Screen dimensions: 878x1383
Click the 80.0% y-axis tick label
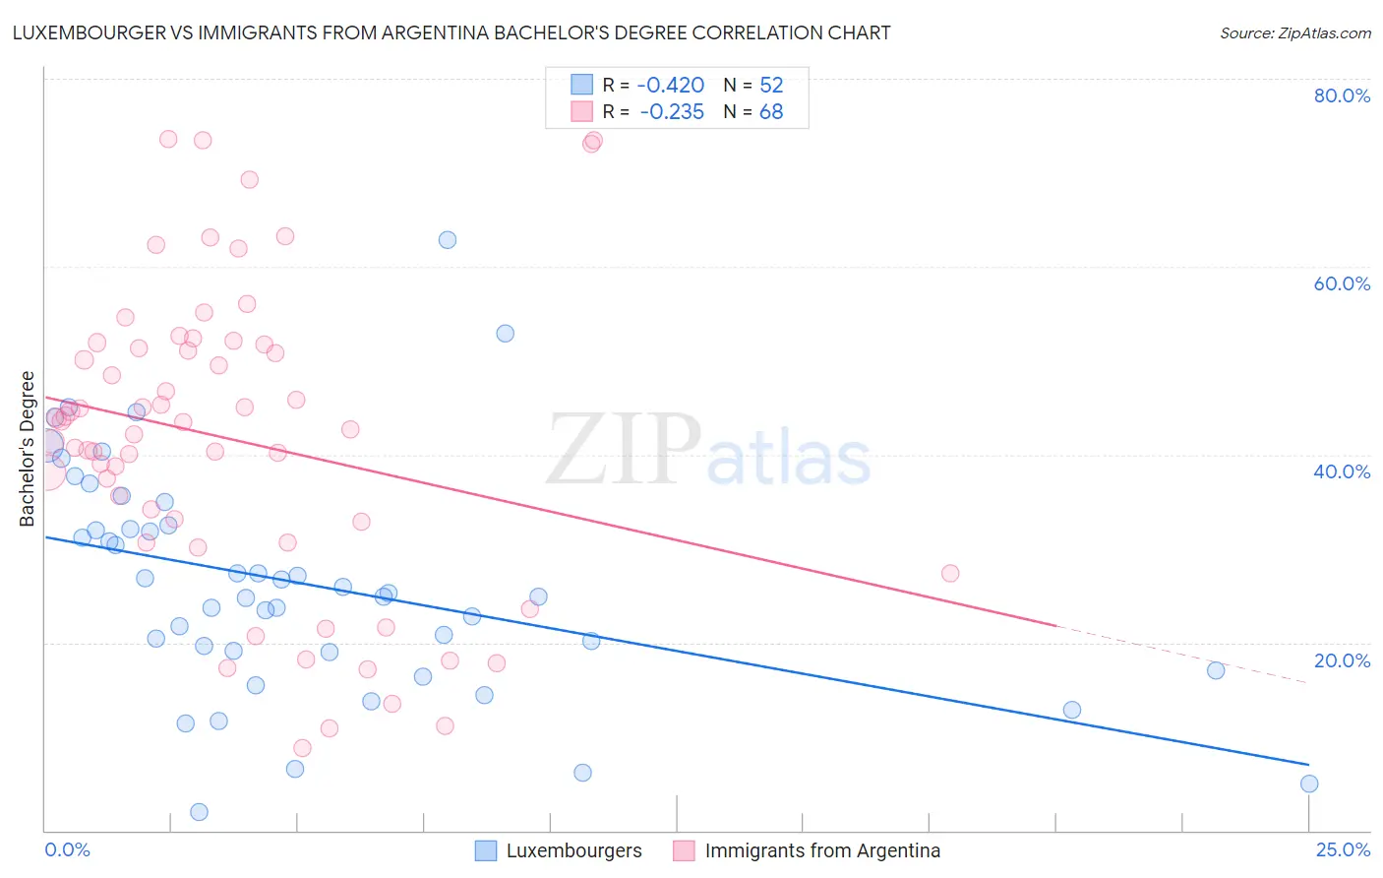click(x=1342, y=95)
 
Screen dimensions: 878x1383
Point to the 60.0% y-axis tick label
click(x=1342, y=283)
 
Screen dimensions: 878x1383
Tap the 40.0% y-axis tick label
click(x=1342, y=471)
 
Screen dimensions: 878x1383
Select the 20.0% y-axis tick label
click(x=1342, y=660)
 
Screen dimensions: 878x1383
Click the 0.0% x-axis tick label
click(x=67, y=849)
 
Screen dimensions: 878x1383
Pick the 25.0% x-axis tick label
click(x=1342, y=849)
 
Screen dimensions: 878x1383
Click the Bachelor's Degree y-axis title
click(x=28, y=448)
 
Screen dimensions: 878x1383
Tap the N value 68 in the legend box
click(x=771, y=112)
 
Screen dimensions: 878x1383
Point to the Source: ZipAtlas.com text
click(x=1294, y=32)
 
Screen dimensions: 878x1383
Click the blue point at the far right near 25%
click(x=1309, y=784)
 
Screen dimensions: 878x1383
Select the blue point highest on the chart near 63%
click(x=448, y=239)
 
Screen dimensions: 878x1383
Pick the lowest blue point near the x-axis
click(x=199, y=812)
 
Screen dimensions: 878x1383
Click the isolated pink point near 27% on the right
click(x=950, y=573)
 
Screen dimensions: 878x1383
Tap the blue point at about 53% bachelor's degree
click(x=505, y=333)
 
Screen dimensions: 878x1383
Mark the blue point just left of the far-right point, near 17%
click(x=1216, y=670)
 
